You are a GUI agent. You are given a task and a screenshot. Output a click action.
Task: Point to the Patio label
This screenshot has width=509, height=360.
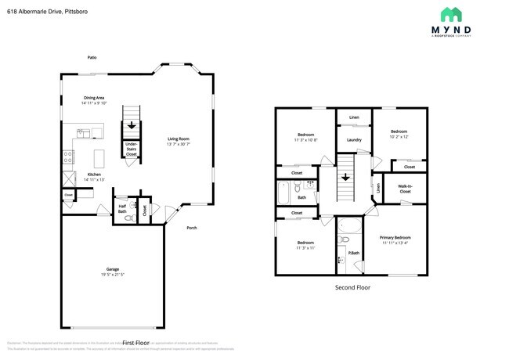click(x=92, y=56)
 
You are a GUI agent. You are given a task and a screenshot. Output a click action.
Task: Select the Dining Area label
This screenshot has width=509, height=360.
click(x=95, y=98)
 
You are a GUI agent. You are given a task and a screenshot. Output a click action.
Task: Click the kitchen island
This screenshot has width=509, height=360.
click(x=100, y=154)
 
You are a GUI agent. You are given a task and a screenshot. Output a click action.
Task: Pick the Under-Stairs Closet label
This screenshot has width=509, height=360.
click(x=132, y=150)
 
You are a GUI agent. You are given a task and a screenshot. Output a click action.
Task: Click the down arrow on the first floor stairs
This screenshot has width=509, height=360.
click(x=132, y=125)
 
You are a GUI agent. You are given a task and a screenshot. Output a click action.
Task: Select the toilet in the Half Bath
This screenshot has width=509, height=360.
click(x=132, y=209)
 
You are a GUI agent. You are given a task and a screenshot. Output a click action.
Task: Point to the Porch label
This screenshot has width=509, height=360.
click(x=191, y=228)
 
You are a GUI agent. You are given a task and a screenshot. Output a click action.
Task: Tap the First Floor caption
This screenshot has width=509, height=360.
click(x=135, y=343)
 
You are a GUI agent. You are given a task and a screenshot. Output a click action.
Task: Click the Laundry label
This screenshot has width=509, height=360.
click(x=353, y=140)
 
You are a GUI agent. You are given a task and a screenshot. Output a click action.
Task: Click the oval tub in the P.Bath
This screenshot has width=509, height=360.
click(x=349, y=228)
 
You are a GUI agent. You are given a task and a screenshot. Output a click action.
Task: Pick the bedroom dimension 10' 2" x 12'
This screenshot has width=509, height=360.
click(x=399, y=137)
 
